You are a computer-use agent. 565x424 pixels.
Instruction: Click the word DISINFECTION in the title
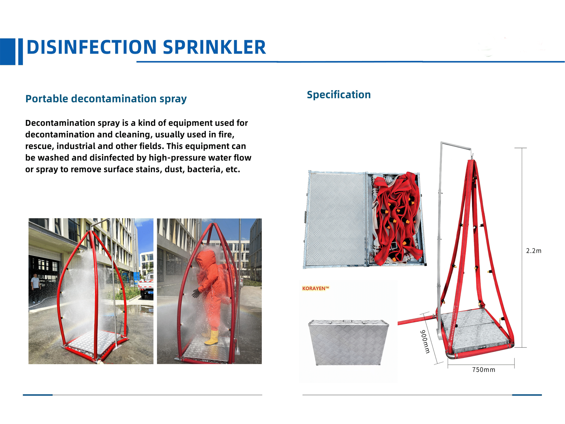point(91,47)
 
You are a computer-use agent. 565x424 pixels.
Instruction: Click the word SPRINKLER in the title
point(214,47)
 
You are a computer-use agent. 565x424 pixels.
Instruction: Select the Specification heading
point(339,95)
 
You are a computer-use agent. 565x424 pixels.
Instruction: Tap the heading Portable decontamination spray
point(106,99)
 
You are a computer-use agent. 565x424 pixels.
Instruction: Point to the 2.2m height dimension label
point(534,251)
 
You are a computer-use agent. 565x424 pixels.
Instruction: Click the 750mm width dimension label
point(484,370)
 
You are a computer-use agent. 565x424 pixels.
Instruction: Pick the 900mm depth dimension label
point(425,341)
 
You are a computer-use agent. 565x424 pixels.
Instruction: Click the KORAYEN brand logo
point(316,288)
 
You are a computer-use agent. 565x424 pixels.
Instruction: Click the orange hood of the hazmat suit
point(207,259)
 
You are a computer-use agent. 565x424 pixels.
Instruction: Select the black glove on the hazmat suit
point(196,293)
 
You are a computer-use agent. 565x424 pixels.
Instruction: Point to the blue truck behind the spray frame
point(146,285)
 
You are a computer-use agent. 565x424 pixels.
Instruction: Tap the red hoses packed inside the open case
point(396,218)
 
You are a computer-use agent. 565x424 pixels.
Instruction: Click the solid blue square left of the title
point(7,51)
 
